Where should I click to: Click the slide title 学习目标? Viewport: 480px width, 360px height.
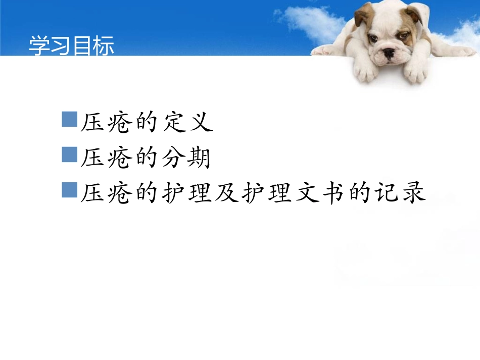click(71, 45)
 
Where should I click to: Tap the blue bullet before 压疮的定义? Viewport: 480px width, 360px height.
click(69, 120)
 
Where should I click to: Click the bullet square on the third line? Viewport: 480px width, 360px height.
click(69, 190)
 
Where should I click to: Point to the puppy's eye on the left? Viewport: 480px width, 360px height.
click(373, 38)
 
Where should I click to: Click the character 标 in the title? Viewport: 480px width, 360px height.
click(104, 45)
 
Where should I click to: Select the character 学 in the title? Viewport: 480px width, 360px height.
click(38, 45)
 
